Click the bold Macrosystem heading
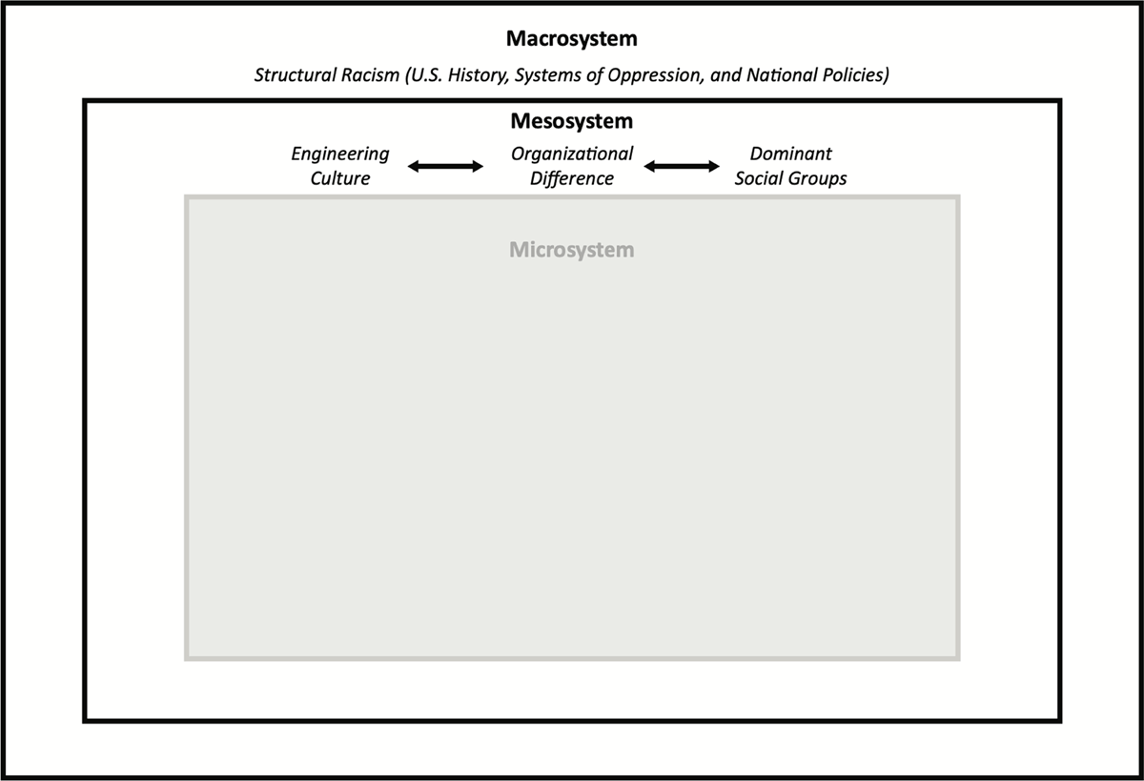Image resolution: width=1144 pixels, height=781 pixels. [x=571, y=39]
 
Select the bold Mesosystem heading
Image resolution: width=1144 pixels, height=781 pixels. [x=571, y=121]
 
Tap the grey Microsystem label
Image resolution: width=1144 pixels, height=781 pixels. [x=571, y=250]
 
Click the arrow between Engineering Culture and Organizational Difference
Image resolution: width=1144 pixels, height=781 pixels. [x=445, y=166]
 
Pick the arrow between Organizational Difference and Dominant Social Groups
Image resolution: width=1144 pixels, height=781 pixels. [x=682, y=166]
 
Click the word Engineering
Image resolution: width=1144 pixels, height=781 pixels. [x=340, y=154]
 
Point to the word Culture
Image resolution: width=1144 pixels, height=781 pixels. [x=340, y=178]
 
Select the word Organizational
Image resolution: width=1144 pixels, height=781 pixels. [x=572, y=154]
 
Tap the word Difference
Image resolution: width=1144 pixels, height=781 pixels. [x=572, y=178]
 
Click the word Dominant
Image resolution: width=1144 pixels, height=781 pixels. [x=790, y=154]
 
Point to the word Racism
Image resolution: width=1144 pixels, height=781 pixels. [x=370, y=75]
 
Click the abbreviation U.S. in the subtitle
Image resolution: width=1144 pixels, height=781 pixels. [x=426, y=75]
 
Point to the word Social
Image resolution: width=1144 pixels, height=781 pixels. [x=759, y=178]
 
